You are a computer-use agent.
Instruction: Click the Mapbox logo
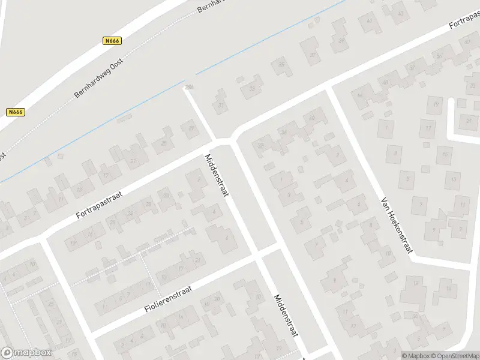[26, 353]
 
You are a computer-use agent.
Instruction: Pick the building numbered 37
[313, 55]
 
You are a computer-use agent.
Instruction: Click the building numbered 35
[280, 65]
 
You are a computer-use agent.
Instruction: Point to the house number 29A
[190, 88]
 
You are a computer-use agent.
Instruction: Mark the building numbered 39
[341, 41]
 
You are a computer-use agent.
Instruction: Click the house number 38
[260, 145]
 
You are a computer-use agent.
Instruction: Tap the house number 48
[385, 82]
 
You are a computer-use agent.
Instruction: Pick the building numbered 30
[166, 195]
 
